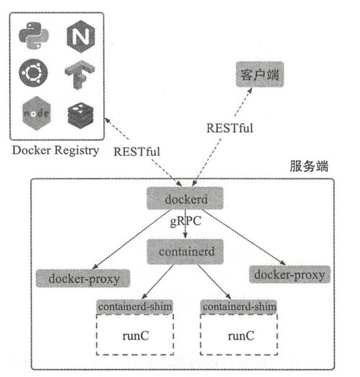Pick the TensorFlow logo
click(x=77, y=74)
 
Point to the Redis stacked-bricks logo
click(x=77, y=113)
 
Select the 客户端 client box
click(x=259, y=75)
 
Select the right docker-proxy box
click(x=289, y=274)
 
